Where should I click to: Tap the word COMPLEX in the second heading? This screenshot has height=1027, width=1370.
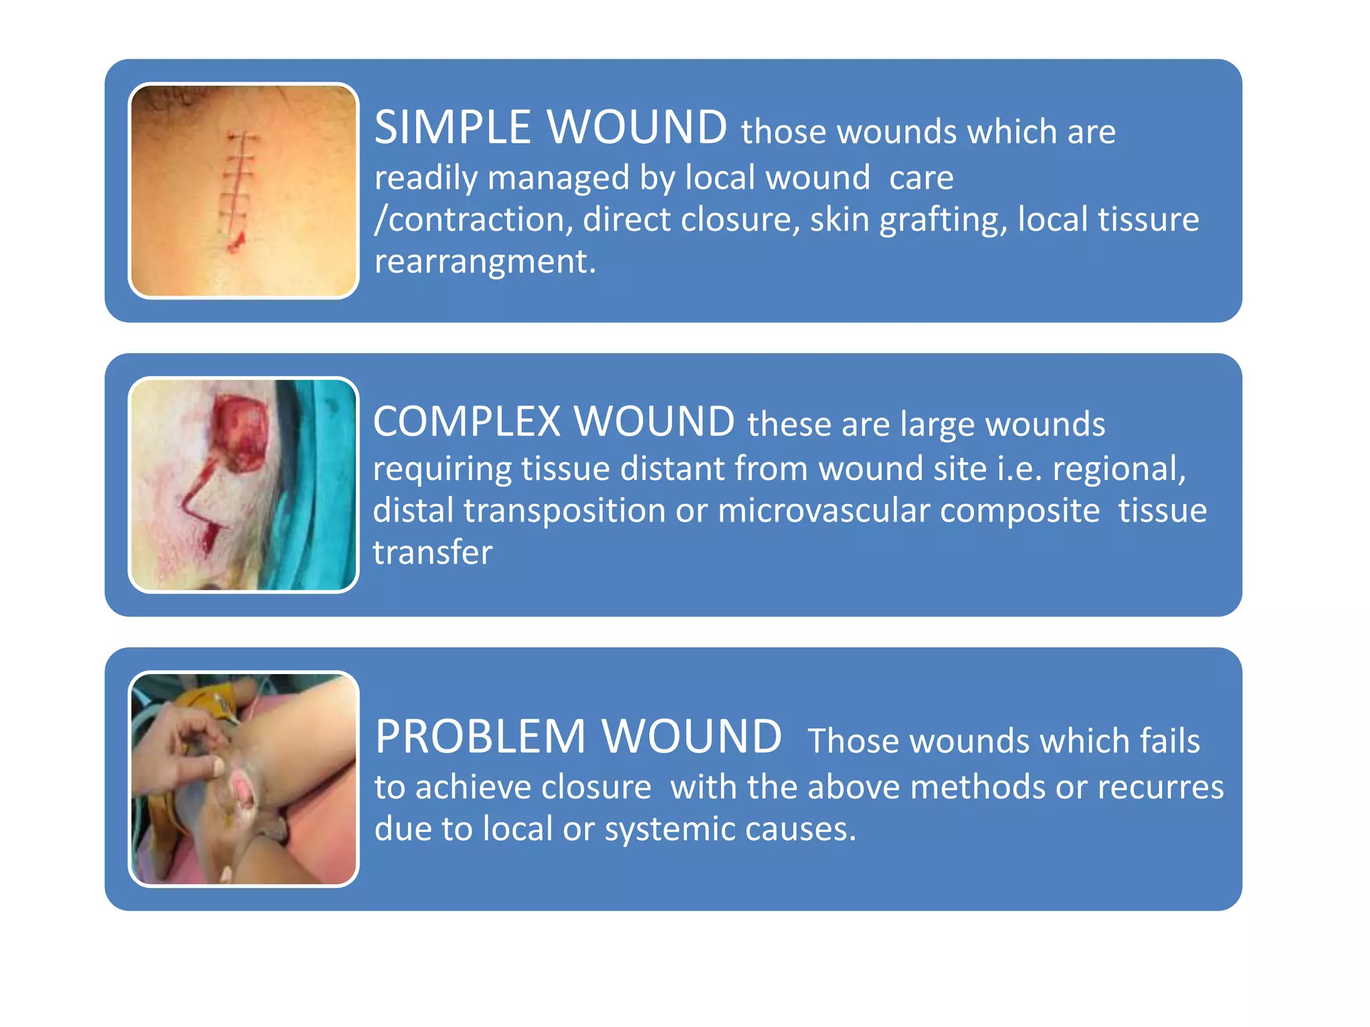(466, 422)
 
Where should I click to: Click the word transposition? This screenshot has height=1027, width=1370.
(565, 511)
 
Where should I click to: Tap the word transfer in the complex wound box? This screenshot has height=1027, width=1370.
(432, 553)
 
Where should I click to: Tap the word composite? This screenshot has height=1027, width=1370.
(1019, 511)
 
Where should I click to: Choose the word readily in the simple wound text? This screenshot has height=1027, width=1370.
(425, 179)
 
